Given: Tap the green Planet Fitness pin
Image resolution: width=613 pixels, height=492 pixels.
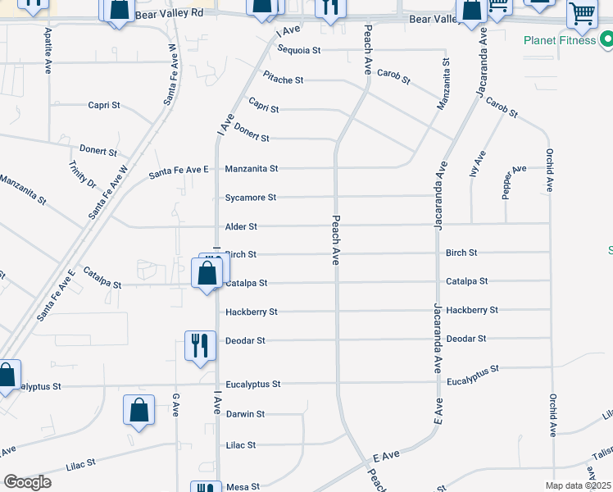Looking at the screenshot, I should tap(606, 39).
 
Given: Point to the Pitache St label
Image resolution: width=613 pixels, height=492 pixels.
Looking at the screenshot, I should tap(284, 80).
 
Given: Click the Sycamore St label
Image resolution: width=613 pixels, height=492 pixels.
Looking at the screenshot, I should tap(251, 198).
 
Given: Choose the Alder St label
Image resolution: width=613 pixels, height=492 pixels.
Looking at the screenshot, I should tap(241, 226).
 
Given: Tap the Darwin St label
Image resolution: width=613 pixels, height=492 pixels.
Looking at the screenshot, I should tap(245, 414).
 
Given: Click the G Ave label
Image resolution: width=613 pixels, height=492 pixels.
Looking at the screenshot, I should tap(175, 404).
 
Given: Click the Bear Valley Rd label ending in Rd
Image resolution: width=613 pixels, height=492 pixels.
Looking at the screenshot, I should tap(168, 14).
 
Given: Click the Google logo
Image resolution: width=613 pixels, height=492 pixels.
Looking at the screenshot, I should tap(27, 482).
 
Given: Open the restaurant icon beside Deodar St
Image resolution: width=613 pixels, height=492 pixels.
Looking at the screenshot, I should tap(200, 345).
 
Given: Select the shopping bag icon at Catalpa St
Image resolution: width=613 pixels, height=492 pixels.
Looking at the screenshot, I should tap(207, 272).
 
